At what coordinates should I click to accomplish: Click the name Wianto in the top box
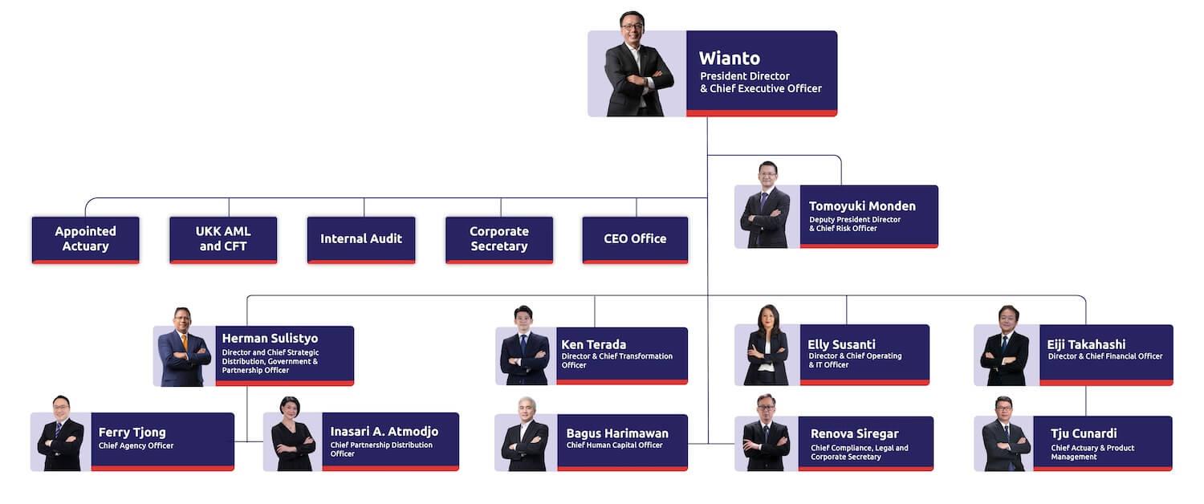(730, 58)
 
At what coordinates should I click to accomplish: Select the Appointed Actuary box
(85, 240)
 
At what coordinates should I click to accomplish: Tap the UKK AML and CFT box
(223, 240)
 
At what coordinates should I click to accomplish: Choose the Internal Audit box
(361, 240)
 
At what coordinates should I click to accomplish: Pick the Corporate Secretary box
(499, 240)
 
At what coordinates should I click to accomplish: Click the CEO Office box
(636, 240)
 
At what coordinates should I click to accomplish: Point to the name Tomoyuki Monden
(862, 205)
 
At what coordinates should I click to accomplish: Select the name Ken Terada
(593, 344)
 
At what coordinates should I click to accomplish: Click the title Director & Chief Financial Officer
(1105, 356)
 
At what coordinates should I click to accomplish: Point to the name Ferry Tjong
(132, 433)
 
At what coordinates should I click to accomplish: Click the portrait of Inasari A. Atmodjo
(292, 434)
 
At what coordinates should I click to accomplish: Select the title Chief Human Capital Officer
(614, 445)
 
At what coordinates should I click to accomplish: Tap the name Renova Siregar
(855, 433)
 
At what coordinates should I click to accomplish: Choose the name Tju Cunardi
(1084, 433)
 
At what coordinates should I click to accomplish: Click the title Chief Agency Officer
(136, 445)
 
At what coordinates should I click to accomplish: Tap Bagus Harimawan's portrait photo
(525, 434)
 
